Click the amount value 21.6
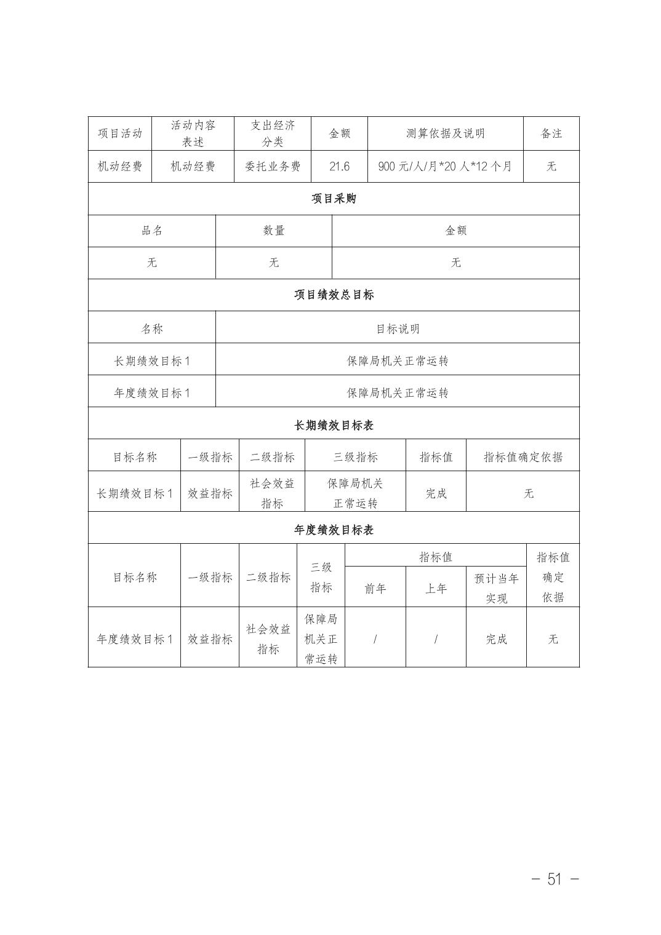[x=339, y=166]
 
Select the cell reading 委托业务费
[x=273, y=166]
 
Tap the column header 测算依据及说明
[x=445, y=133]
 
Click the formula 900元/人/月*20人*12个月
[x=445, y=166]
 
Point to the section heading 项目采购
[x=334, y=199]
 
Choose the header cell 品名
[x=152, y=231]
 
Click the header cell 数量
[x=274, y=231]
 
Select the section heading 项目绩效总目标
[x=334, y=295]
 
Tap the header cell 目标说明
[x=398, y=328]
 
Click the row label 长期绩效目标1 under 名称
[x=152, y=361]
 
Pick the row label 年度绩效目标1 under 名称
[x=152, y=393]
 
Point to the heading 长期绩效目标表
[x=334, y=426]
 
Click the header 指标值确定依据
[x=523, y=457]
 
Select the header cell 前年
[x=375, y=589]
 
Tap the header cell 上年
[x=436, y=589]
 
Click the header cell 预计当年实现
[x=496, y=588]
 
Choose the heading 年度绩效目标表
[x=334, y=530]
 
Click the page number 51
[x=555, y=879]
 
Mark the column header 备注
[x=551, y=133]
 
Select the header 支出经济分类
[x=273, y=133]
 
